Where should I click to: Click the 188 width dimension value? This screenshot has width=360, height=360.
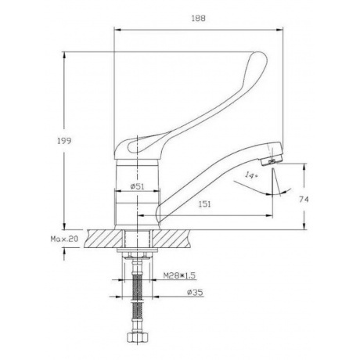(x=199, y=18)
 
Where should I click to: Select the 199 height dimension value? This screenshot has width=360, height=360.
(x=64, y=141)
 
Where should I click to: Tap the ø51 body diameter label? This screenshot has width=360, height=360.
(x=138, y=186)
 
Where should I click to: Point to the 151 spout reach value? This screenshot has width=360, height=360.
(x=204, y=204)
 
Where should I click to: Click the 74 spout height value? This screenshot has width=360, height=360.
(x=304, y=200)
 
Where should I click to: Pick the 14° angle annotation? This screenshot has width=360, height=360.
(x=251, y=175)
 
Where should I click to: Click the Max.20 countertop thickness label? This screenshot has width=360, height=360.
(x=64, y=239)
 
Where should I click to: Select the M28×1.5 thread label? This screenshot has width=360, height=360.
(x=179, y=275)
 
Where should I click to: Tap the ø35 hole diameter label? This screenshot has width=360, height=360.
(x=195, y=293)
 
